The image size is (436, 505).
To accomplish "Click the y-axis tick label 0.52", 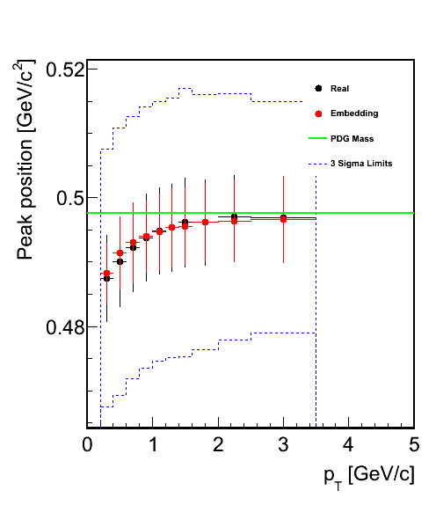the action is point(66,70).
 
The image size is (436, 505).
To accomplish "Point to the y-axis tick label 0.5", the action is point(71,198).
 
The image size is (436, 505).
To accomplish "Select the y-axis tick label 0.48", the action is point(66,327).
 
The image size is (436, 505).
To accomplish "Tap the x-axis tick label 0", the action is point(87,445).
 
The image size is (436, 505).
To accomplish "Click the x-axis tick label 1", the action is point(153,445).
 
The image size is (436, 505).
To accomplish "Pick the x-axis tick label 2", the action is point(218,445).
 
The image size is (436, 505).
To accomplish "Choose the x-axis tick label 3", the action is point(283,445).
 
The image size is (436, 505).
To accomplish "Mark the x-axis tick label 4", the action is point(348,445).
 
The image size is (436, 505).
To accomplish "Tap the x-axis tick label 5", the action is point(414,445).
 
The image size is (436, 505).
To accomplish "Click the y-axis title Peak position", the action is point(25,200).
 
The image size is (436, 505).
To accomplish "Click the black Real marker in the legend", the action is point(318,88).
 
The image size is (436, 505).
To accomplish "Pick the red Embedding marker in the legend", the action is point(318,113).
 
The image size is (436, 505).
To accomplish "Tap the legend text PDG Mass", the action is point(352,139).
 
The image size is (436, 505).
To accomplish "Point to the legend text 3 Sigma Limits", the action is point(361,164).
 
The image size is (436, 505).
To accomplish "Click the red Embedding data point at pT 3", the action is point(283,220).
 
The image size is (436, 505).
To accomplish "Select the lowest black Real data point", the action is point(107,278).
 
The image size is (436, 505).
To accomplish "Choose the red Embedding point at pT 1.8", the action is point(206,223).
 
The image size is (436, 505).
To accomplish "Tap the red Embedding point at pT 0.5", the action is point(120,253).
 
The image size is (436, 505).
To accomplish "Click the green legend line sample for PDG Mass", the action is point(317,138).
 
